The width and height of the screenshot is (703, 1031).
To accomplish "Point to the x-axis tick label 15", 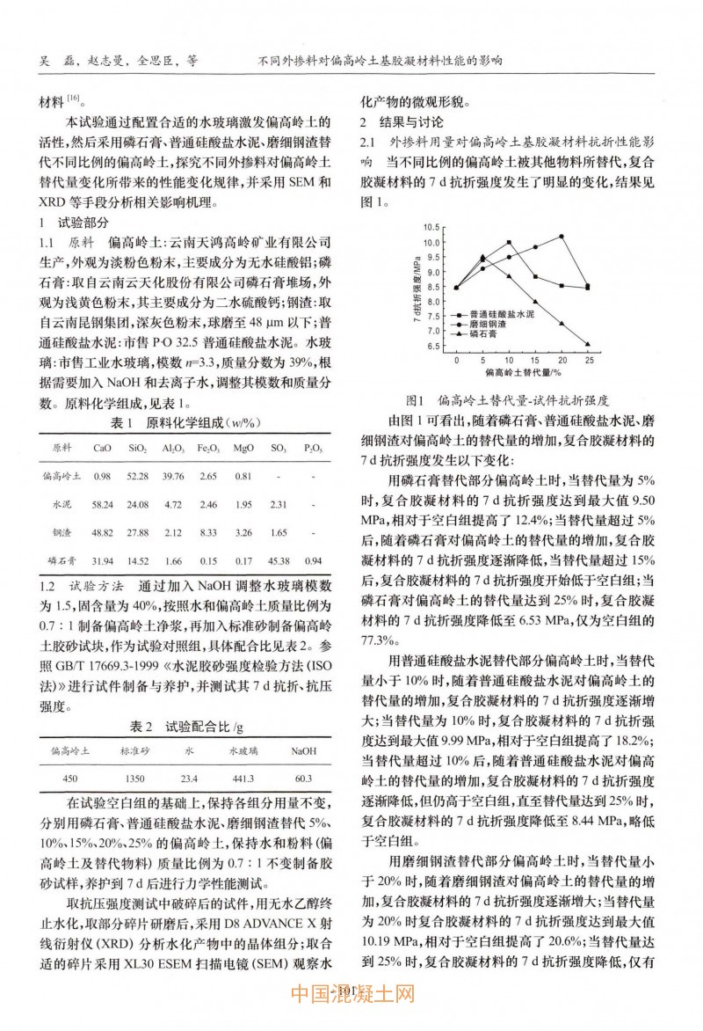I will [535, 361].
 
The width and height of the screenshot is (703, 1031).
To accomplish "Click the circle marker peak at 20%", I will [562, 236].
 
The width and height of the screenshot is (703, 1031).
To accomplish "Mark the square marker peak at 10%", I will [509, 242].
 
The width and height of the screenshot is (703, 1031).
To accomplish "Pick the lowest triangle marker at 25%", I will [587, 344].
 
